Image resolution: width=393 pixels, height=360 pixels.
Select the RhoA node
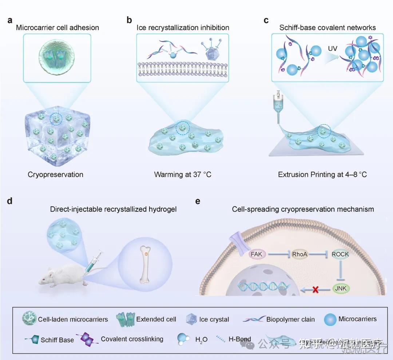coord(300,254)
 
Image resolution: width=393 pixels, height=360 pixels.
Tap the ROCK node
coord(340,254)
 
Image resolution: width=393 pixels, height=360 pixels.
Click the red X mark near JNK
coord(315,290)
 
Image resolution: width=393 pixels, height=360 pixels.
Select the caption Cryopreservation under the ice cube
coord(55,174)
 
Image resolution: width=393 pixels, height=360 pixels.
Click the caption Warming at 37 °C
coord(183,174)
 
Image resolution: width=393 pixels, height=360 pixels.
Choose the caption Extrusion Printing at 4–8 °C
coord(322,174)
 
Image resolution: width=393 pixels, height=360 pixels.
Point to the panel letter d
coord(10,201)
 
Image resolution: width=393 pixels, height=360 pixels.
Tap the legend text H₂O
coord(201,339)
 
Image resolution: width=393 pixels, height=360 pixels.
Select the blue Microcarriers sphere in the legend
coord(329,319)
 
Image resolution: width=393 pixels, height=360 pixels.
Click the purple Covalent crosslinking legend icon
coord(88,339)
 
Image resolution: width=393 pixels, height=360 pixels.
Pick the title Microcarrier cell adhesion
coord(57,27)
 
